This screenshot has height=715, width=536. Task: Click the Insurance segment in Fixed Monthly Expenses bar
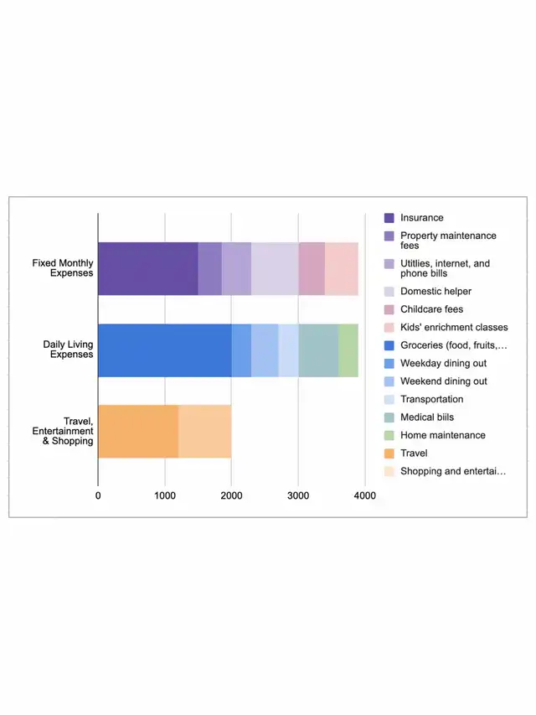[x=147, y=269]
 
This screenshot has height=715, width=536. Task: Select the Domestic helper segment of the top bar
[x=275, y=269]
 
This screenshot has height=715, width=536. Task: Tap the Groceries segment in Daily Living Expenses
[x=164, y=350]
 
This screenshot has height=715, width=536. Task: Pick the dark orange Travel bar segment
[x=138, y=431]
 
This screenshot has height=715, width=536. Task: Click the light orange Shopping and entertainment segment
[x=204, y=431]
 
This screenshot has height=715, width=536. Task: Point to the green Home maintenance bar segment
[x=348, y=350]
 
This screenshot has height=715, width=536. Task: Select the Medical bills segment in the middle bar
[x=318, y=350]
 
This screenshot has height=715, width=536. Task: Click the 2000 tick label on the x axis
[x=232, y=496]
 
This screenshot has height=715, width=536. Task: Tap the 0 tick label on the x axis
[x=98, y=496]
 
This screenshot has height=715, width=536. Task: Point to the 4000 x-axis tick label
[x=365, y=496]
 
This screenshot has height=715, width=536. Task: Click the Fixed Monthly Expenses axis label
[x=63, y=268]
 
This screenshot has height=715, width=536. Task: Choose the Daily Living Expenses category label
[x=68, y=350]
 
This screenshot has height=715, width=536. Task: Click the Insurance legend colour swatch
[x=389, y=218]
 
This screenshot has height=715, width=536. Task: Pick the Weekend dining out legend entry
[x=443, y=381]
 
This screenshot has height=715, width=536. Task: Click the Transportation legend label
[x=431, y=399]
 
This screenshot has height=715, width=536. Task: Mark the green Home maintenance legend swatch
[x=389, y=435]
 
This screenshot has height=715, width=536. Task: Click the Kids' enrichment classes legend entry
[x=453, y=327]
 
